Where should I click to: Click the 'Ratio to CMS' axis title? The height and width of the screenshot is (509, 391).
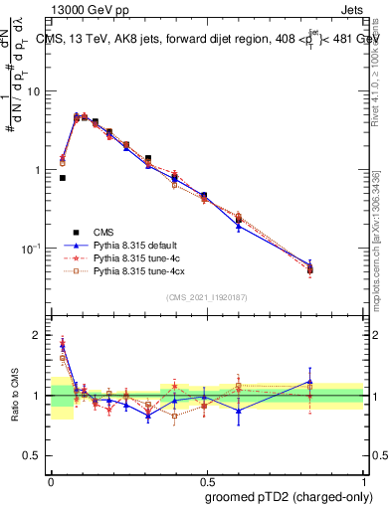pyautogui.click(x=16, y=395)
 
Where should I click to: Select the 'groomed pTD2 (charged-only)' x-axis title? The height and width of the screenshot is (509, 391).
pyautogui.click(x=287, y=496)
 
